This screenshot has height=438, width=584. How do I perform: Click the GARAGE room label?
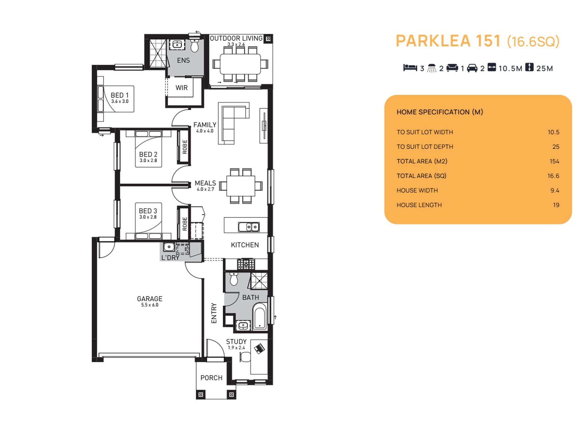150,299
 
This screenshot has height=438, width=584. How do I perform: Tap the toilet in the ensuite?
195,45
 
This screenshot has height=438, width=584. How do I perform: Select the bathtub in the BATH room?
260,316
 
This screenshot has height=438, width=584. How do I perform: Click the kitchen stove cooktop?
246,264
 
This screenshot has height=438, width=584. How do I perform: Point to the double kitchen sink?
249,227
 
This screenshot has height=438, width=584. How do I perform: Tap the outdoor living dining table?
240,64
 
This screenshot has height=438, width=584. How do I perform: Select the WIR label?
182,88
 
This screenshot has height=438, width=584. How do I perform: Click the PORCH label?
211,378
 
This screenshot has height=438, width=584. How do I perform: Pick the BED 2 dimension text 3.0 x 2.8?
148,160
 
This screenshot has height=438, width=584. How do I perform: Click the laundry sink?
169,247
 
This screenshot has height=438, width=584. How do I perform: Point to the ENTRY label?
214,313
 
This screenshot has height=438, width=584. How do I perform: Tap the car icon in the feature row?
472,68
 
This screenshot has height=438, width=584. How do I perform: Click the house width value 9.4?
555,191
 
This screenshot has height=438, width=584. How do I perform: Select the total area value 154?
554,161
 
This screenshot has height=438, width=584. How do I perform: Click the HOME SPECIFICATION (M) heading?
440,112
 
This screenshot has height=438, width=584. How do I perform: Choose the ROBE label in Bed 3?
185,224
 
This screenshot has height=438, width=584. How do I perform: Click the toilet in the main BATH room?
234,279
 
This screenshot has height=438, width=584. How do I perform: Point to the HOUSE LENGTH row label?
419,205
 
